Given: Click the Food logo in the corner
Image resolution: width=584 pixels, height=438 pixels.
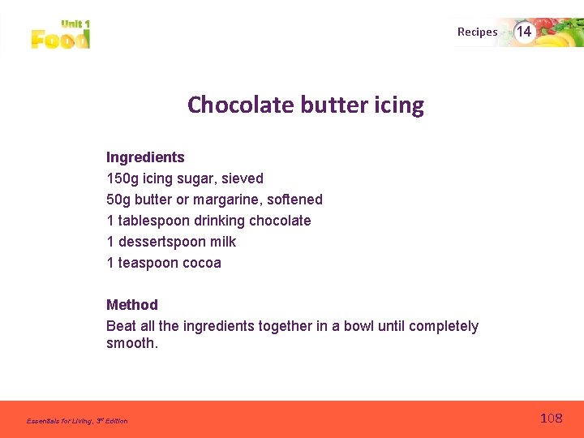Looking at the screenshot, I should (x=60, y=35).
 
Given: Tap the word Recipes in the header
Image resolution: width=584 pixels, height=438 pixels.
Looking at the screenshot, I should (x=477, y=32).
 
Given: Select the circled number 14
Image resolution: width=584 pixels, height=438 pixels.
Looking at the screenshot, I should (x=524, y=32).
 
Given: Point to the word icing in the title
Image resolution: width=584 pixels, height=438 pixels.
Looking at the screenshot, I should (x=399, y=105).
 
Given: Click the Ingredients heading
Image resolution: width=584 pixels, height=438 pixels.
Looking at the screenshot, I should (x=145, y=157).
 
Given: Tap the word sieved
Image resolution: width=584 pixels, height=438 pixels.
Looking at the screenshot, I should (x=242, y=178).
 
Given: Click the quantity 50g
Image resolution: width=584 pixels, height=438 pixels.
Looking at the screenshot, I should (x=118, y=200).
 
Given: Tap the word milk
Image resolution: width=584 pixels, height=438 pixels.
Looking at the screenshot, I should (x=222, y=242).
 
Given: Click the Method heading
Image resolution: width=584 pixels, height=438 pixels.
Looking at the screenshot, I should (x=132, y=305).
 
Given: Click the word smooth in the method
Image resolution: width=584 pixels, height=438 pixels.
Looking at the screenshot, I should (x=130, y=343).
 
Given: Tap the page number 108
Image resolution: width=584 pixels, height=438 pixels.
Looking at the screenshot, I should (x=551, y=419).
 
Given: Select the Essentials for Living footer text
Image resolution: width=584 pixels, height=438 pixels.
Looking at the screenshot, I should (x=77, y=421).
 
